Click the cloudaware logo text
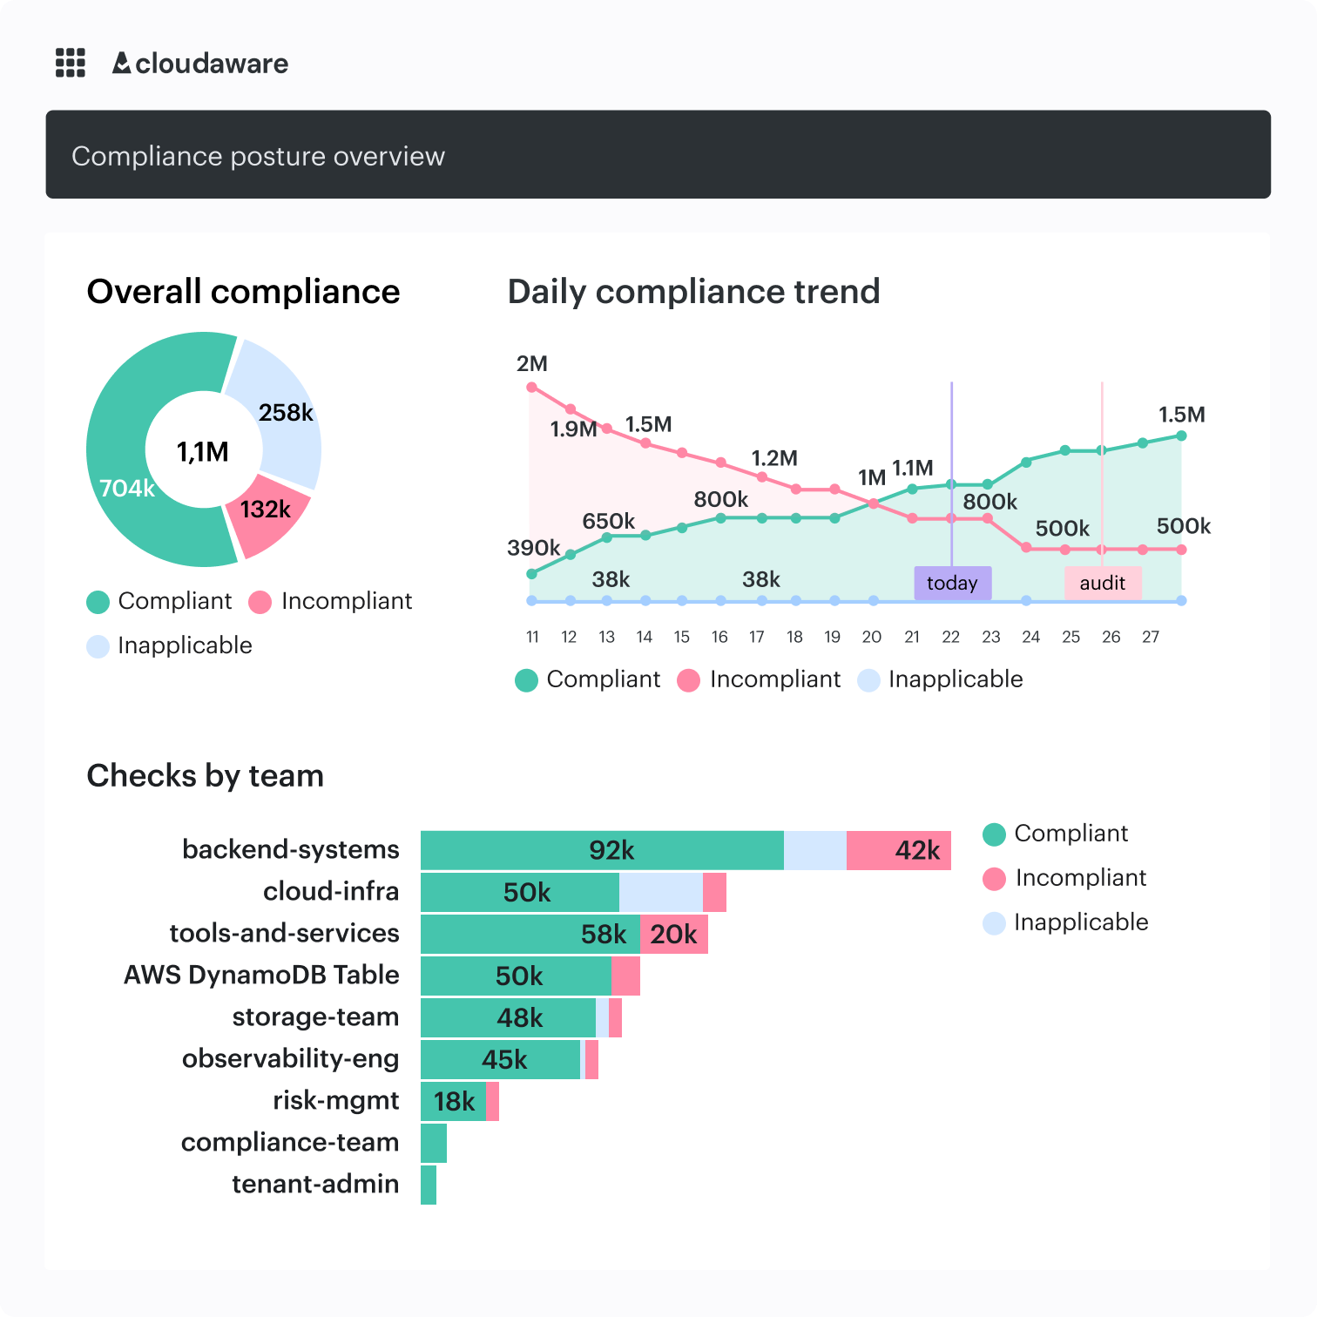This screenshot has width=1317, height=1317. (x=201, y=64)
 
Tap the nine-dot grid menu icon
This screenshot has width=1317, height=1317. (x=71, y=63)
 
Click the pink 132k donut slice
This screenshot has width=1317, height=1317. (x=267, y=513)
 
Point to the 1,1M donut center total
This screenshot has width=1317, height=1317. (x=203, y=451)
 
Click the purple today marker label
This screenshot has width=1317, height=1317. (x=952, y=583)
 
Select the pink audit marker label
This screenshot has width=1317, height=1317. (x=1102, y=583)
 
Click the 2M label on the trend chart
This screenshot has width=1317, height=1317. (x=532, y=364)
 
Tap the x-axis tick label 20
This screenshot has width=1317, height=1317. (x=871, y=637)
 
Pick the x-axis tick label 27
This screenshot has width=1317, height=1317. (x=1151, y=637)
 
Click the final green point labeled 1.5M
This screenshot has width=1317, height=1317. (x=1181, y=436)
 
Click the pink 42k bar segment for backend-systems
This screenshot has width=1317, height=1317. (x=899, y=850)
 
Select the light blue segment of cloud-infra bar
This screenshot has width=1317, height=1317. (x=661, y=892)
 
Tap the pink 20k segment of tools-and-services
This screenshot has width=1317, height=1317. (x=673, y=934)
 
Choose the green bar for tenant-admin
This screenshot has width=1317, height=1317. (x=429, y=1185)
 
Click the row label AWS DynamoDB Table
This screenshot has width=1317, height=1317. (x=261, y=975)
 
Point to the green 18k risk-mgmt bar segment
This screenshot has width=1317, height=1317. (x=453, y=1101)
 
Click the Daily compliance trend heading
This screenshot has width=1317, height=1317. (x=693, y=292)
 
